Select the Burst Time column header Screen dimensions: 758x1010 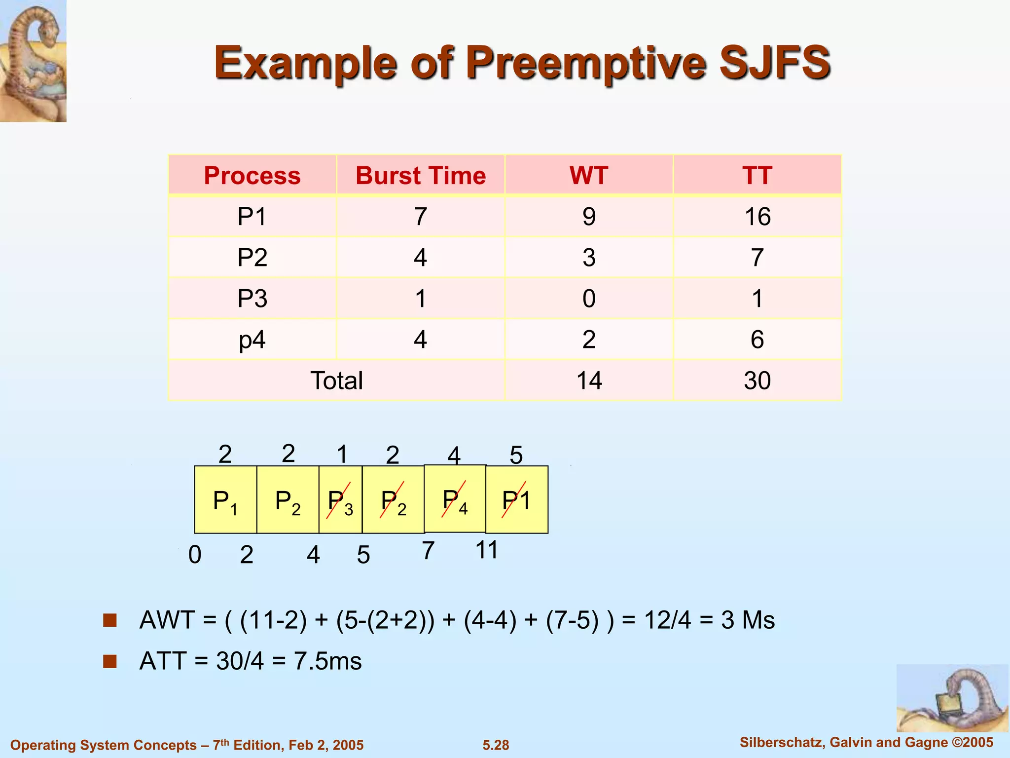click(x=421, y=176)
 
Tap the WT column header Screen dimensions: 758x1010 click(x=589, y=176)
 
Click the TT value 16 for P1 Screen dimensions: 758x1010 click(x=757, y=217)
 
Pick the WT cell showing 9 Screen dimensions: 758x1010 click(x=589, y=217)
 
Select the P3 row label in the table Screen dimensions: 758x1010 click(x=252, y=299)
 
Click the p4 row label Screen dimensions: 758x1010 click(x=252, y=340)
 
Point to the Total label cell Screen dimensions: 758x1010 click(x=336, y=380)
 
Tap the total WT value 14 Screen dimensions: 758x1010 click(x=589, y=380)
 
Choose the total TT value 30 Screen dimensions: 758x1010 click(x=757, y=380)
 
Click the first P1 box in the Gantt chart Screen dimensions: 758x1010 click(x=225, y=500)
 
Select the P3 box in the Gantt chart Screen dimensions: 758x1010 click(x=340, y=500)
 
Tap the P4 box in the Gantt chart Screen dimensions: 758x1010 click(x=455, y=499)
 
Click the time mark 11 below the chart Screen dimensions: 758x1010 click(x=487, y=550)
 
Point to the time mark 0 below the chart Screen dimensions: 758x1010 click(x=195, y=555)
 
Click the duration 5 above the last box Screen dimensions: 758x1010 click(x=516, y=455)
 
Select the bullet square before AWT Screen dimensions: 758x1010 click(x=110, y=620)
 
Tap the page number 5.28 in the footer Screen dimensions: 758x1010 click(x=496, y=745)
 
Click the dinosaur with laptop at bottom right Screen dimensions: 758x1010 click(x=952, y=698)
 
